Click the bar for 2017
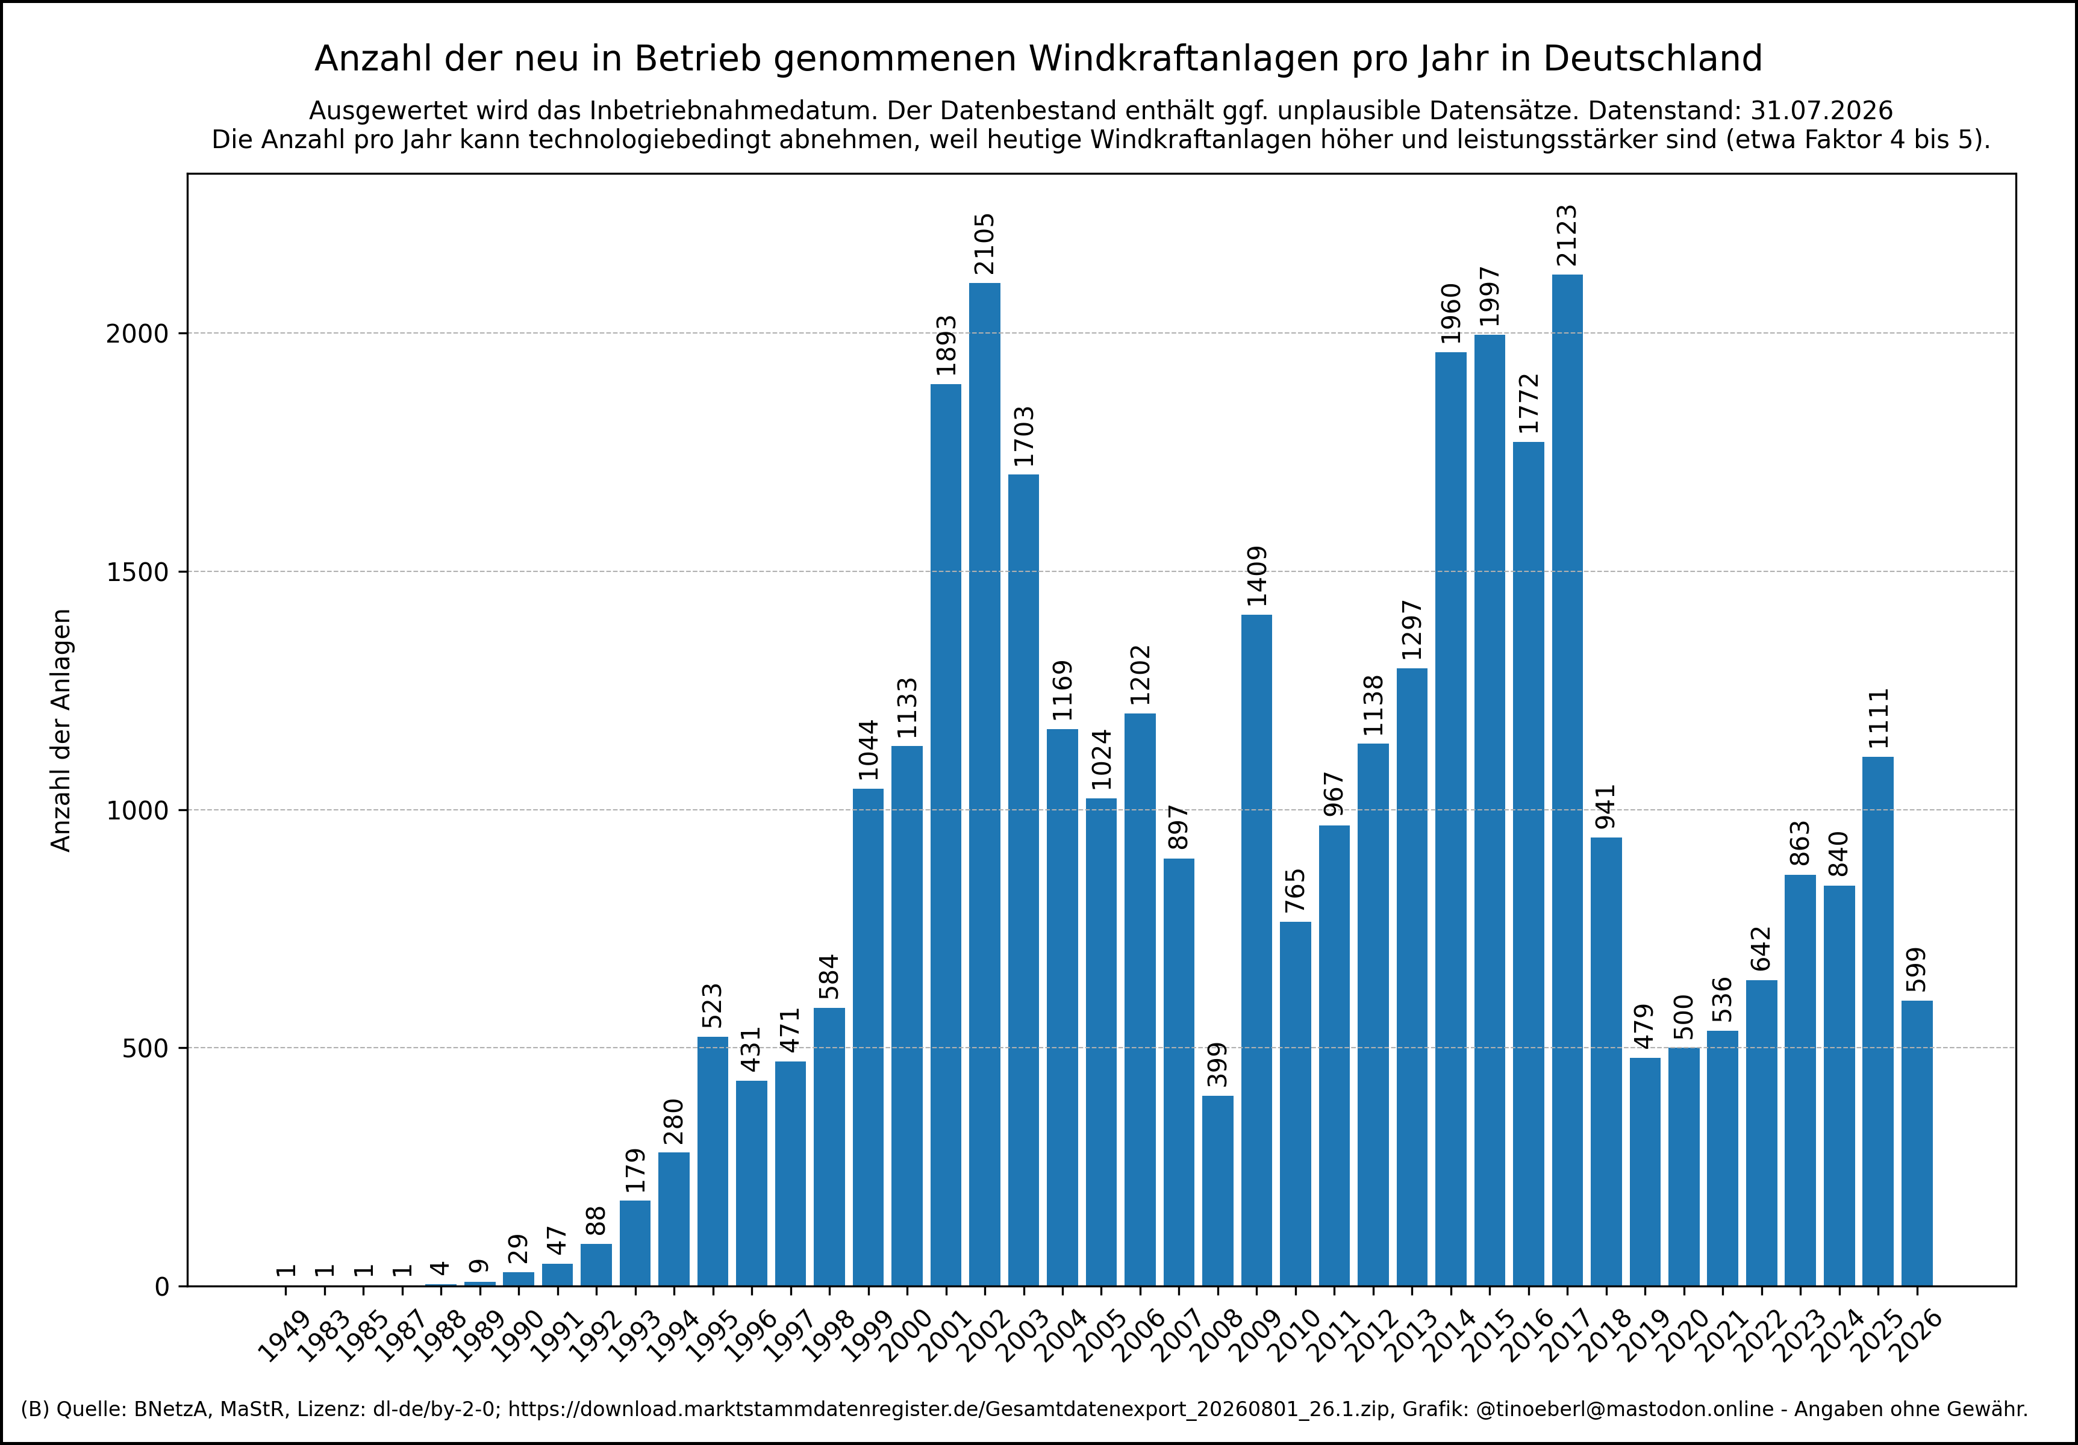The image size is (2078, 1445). (1568, 780)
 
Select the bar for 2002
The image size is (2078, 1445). (985, 785)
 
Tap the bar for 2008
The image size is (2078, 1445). (1217, 1191)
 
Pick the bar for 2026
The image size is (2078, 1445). (1917, 1143)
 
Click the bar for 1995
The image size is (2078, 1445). (713, 1161)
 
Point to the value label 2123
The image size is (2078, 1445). (1567, 236)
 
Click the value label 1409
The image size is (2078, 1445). (1256, 576)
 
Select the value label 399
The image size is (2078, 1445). (1217, 1065)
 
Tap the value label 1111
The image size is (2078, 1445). (1878, 718)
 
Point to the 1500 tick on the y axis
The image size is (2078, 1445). (137, 572)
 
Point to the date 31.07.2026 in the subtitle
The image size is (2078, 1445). (1821, 110)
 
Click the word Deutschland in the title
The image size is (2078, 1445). (1653, 59)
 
